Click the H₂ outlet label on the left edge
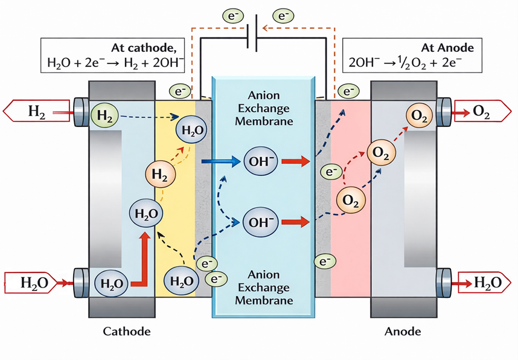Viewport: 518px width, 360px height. pyautogui.click(x=35, y=112)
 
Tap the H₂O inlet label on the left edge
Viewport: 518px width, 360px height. pyautogui.click(x=31, y=282)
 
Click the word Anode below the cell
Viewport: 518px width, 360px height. pyautogui.click(x=403, y=332)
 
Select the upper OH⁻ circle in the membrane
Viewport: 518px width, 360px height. pyautogui.click(x=261, y=161)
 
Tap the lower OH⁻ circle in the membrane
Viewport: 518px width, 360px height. pyautogui.click(x=261, y=222)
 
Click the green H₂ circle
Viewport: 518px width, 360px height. pyautogui.click(x=104, y=115)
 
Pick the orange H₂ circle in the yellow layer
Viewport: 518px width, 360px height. pyautogui.click(x=159, y=175)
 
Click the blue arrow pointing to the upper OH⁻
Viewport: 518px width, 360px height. pyautogui.click(x=219, y=161)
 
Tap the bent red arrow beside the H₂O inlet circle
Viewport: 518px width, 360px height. pyautogui.click(x=140, y=260)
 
